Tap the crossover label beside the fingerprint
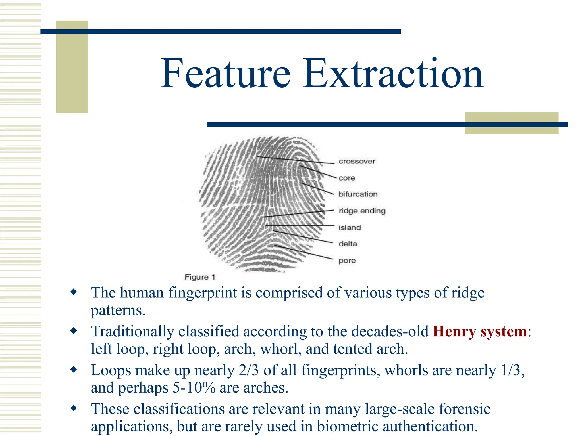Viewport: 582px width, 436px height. click(357, 162)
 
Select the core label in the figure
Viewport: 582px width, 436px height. click(347, 178)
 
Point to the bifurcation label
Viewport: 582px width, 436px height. click(358, 194)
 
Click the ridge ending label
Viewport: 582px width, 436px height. click(362, 211)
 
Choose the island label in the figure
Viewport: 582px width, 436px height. click(350, 227)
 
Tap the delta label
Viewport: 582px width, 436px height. click(348, 244)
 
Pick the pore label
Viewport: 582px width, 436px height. click(347, 261)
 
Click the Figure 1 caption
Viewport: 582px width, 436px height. click(200, 277)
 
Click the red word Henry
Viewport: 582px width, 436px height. click(454, 332)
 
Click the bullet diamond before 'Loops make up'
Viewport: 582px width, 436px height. click(74, 369)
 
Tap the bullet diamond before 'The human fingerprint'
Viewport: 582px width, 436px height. click(74, 292)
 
